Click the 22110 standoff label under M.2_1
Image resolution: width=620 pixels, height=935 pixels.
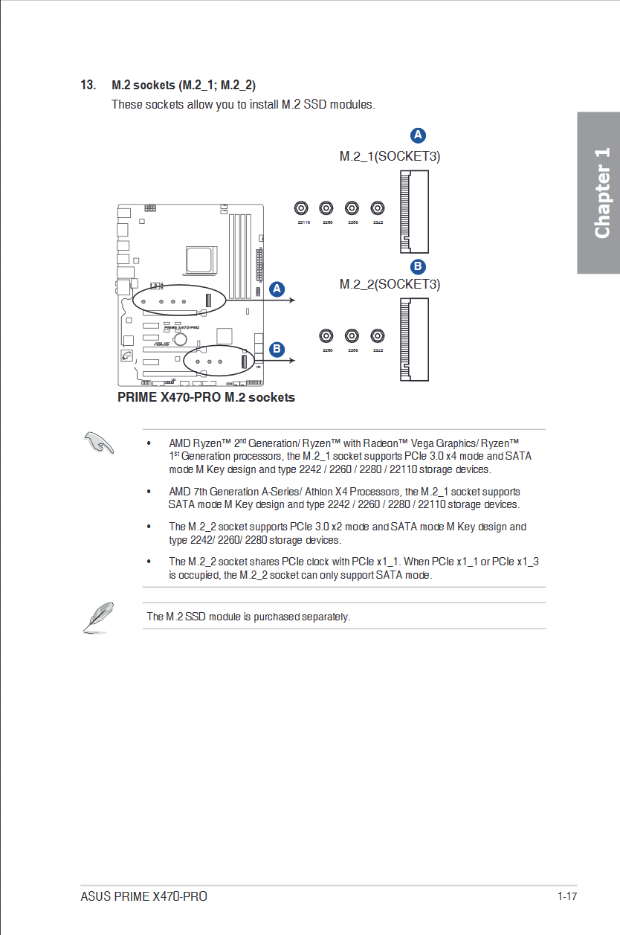tap(303, 222)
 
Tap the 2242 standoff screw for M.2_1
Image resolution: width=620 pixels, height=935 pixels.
tap(378, 208)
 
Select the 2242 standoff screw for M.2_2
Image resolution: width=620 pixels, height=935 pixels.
tap(378, 335)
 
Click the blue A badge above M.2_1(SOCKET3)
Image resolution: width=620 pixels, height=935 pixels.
tap(418, 135)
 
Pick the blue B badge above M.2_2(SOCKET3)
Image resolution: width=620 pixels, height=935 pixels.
tap(418, 266)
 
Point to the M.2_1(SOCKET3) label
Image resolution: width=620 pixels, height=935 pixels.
tap(390, 156)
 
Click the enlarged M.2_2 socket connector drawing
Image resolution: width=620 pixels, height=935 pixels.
tap(414, 340)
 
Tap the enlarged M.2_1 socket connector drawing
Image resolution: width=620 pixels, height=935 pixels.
tap(414, 212)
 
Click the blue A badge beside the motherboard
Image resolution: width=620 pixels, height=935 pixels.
tap(277, 289)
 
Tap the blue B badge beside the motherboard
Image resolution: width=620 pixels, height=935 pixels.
tap(277, 348)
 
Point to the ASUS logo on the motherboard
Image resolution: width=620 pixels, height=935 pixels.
tap(161, 344)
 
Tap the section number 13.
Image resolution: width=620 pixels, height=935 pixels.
tap(88, 85)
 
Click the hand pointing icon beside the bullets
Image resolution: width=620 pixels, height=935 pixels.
tap(98, 443)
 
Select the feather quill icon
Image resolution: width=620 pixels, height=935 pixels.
tap(97, 617)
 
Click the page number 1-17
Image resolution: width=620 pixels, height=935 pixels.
tap(566, 896)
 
